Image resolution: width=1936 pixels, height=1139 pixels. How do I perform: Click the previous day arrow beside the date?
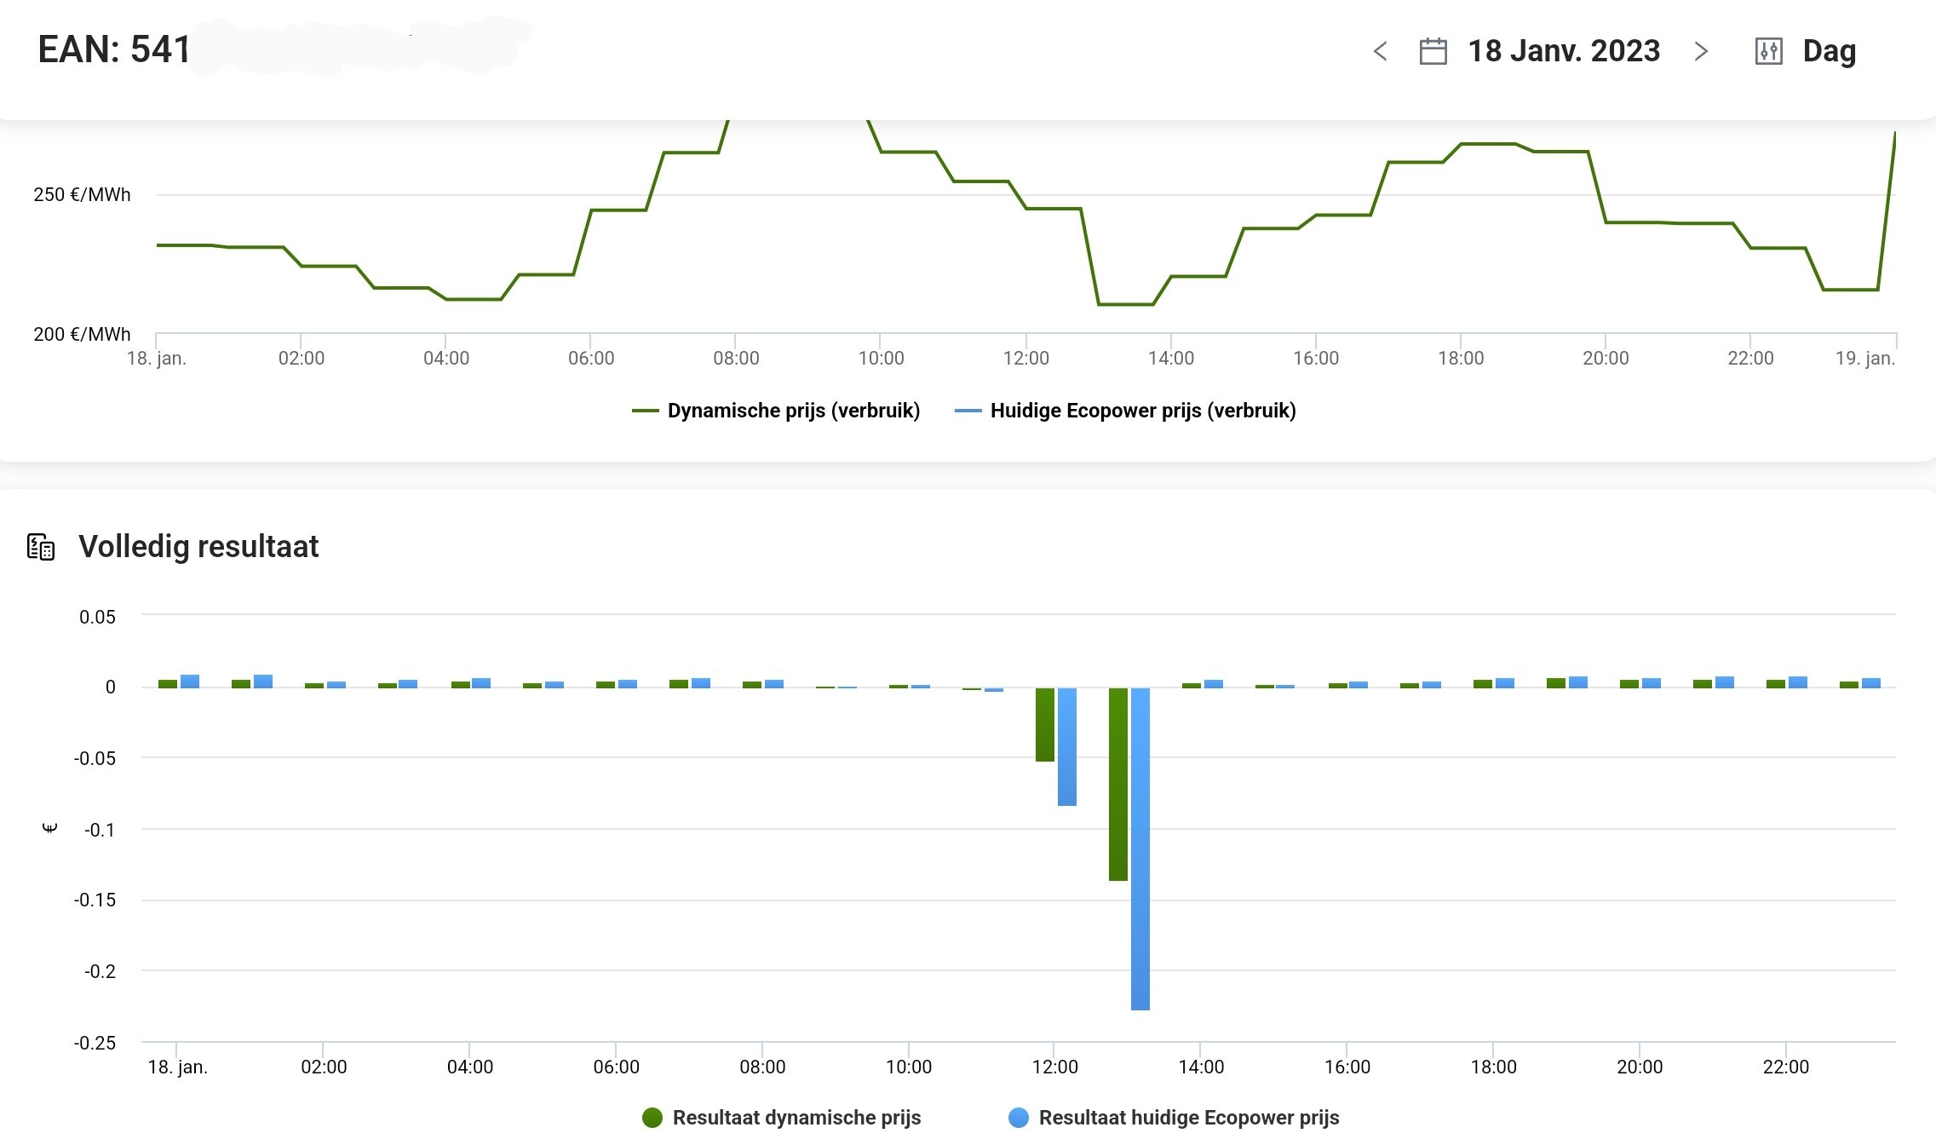tap(1381, 52)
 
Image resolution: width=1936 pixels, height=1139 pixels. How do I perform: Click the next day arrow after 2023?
tap(1701, 52)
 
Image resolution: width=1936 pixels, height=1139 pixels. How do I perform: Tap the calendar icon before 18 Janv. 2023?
tap(1433, 51)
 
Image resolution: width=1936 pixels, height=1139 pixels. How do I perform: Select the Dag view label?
tap(1829, 51)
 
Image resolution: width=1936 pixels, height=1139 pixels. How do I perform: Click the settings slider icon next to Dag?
tap(1769, 51)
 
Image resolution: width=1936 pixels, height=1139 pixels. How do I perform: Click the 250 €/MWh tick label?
tap(82, 194)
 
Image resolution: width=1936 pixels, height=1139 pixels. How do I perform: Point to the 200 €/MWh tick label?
tap(82, 334)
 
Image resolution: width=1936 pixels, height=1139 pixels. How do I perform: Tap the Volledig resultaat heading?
tap(198, 546)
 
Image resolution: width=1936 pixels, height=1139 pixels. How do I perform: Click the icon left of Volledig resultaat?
tap(41, 547)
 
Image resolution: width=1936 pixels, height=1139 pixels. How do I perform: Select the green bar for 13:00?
tap(1118, 784)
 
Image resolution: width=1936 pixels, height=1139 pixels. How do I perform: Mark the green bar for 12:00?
tap(1045, 724)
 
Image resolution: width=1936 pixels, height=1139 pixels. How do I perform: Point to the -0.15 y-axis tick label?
tap(95, 900)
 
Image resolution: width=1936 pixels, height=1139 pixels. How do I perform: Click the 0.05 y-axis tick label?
tap(97, 617)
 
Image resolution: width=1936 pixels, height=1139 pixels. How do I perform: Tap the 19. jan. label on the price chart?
tap(1865, 358)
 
